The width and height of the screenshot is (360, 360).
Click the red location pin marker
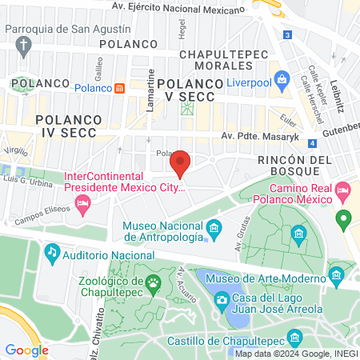180,162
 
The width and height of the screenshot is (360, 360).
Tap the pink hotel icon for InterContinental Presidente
82,206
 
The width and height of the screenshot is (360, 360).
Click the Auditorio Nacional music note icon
52,253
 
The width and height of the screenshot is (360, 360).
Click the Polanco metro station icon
119,88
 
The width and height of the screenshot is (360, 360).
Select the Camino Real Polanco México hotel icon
343,191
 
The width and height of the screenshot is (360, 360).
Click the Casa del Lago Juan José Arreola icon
222,301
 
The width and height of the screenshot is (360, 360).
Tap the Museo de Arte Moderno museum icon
337,278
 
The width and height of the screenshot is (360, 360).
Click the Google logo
26,350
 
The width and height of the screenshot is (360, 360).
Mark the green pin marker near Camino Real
344,218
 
